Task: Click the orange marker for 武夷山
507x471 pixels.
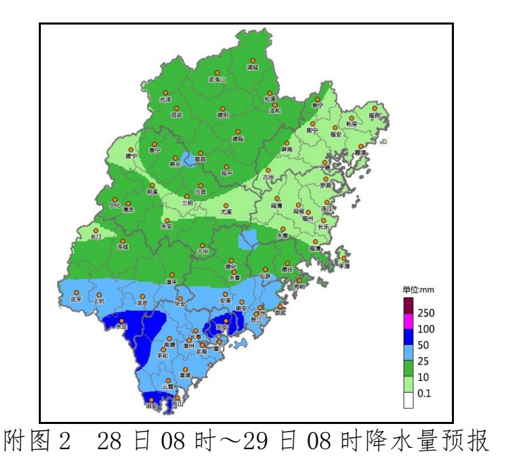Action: click(217, 72)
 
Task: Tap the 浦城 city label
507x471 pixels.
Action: click(252, 68)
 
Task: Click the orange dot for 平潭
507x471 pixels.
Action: click(344, 259)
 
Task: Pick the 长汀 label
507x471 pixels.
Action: click(95, 237)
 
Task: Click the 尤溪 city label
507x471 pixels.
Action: click(225, 212)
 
